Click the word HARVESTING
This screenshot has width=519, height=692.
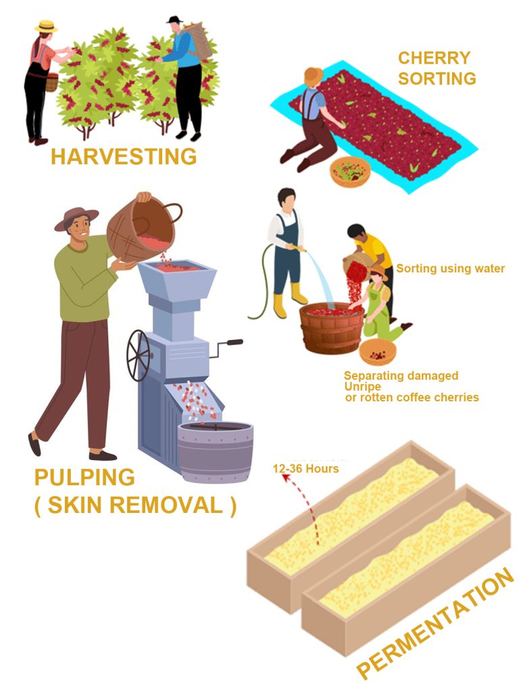coord(124,157)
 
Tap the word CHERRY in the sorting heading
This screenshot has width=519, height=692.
coord(435,58)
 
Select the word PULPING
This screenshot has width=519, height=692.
coord(84,478)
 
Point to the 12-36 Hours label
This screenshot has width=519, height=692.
coord(306,468)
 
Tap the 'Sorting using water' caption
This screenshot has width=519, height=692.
coord(450,268)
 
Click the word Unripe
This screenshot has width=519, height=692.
coord(362,387)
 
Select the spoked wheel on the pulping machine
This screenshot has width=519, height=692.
coord(139,355)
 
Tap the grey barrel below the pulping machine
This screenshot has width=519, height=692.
coord(216,451)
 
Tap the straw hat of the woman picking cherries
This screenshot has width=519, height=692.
coord(46,26)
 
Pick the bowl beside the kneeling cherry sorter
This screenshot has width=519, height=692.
coord(350,171)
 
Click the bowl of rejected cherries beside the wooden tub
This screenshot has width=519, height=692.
coord(377,352)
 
